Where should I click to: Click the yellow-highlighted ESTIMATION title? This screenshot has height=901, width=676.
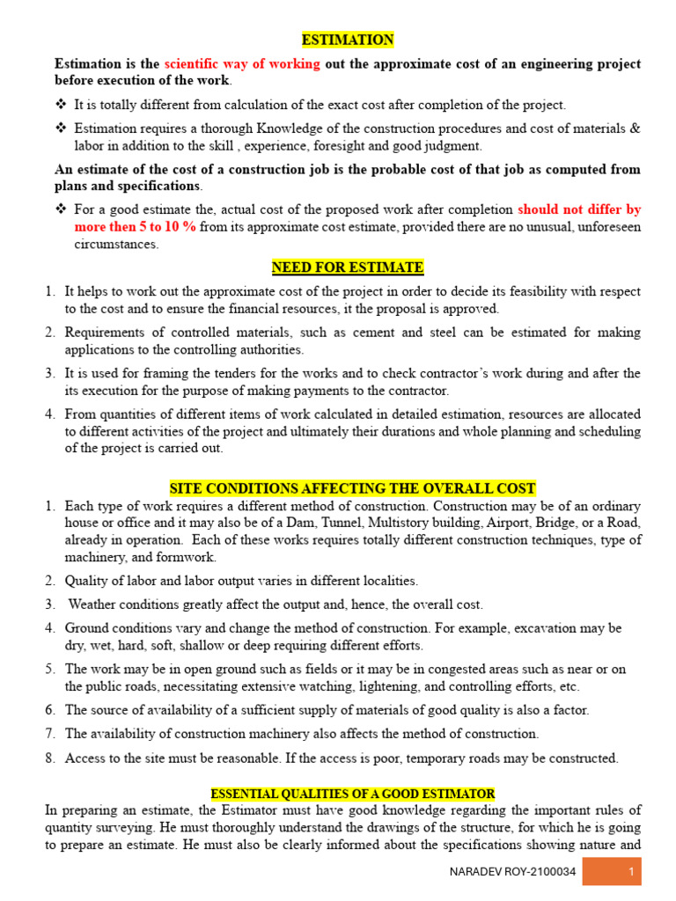pyautogui.click(x=348, y=40)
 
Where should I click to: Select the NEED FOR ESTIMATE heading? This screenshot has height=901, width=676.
pyautogui.click(x=348, y=267)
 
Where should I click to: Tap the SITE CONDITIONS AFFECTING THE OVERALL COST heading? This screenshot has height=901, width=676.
pyautogui.click(x=351, y=488)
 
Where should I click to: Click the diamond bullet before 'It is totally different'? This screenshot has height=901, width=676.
pyautogui.click(x=61, y=105)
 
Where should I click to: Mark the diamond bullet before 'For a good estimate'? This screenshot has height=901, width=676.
pyautogui.click(x=61, y=209)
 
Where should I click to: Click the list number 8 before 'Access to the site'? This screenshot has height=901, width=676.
pyautogui.click(x=50, y=758)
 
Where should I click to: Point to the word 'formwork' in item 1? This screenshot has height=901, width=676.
pyautogui.click(x=187, y=558)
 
